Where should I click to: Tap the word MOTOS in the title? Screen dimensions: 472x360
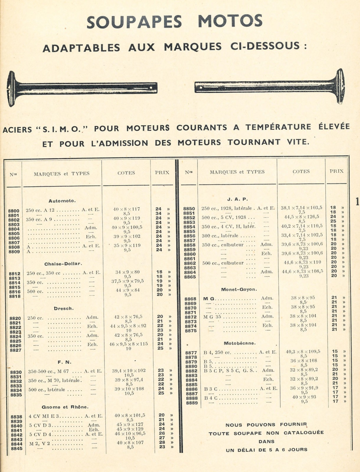click(x=230, y=21)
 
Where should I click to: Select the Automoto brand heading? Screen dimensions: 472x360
click(x=62, y=201)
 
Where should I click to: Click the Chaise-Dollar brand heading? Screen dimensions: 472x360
click(x=63, y=264)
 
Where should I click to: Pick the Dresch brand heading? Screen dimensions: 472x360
click(x=64, y=309)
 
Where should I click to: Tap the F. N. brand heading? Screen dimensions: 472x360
click(x=65, y=362)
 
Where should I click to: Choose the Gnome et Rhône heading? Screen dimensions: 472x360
click(x=65, y=407)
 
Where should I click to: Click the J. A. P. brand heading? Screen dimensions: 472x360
click(x=238, y=199)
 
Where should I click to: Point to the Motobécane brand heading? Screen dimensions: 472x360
click(x=240, y=343)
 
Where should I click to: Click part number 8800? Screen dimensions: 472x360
click(x=14, y=211)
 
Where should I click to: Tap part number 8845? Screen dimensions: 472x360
click(x=16, y=449)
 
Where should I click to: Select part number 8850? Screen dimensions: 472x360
click(x=189, y=209)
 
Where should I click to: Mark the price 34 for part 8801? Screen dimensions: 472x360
click(x=158, y=214)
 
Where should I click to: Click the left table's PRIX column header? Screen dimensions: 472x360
click(x=162, y=173)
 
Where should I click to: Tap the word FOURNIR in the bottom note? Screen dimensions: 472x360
click(x=293, y=425)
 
